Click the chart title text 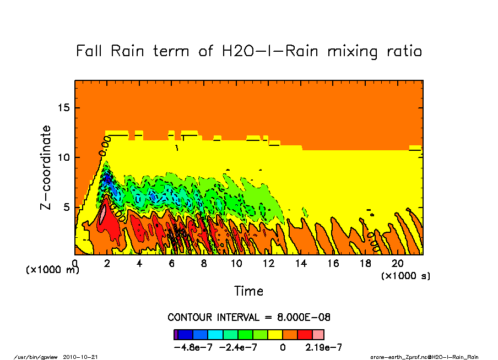(249, 52)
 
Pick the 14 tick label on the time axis (301, 264)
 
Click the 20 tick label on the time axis (398, 264)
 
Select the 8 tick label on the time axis (204, 264)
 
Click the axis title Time (249, 291)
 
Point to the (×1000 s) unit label (405, 275)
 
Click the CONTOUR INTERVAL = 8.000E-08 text (249, 318)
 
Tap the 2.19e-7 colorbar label (324, 347)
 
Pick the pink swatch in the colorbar (318, 335)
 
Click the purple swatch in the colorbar (176, 335)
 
